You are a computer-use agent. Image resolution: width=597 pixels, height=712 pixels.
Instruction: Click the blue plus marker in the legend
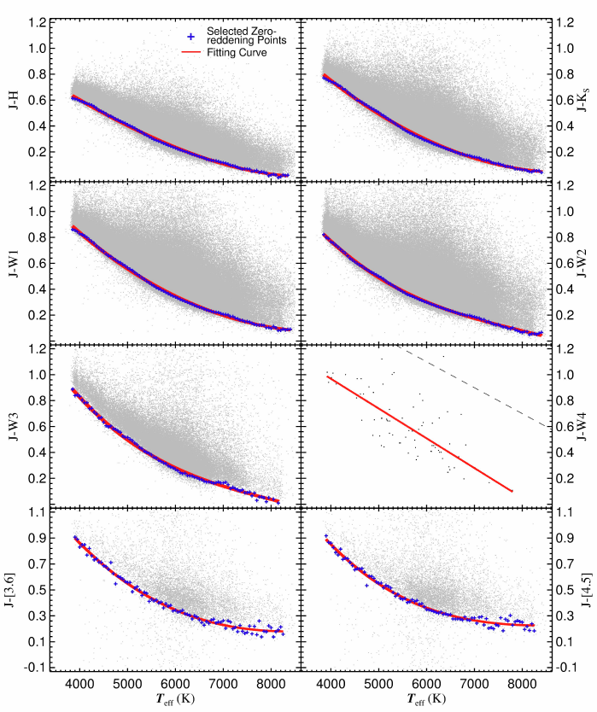point(192,37)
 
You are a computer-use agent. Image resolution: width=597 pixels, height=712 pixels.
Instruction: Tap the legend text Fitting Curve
point(236,52)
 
